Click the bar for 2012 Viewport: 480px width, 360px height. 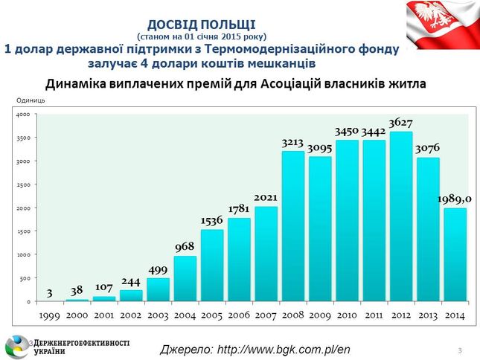(401, 216)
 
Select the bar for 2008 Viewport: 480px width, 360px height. (292, 226)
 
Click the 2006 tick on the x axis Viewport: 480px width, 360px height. (238, 315)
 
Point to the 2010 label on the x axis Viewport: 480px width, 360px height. (347, 315)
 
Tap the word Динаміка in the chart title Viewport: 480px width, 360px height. (78, 83)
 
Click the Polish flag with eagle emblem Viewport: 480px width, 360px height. (442, 23)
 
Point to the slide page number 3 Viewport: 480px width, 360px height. (461, 350)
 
